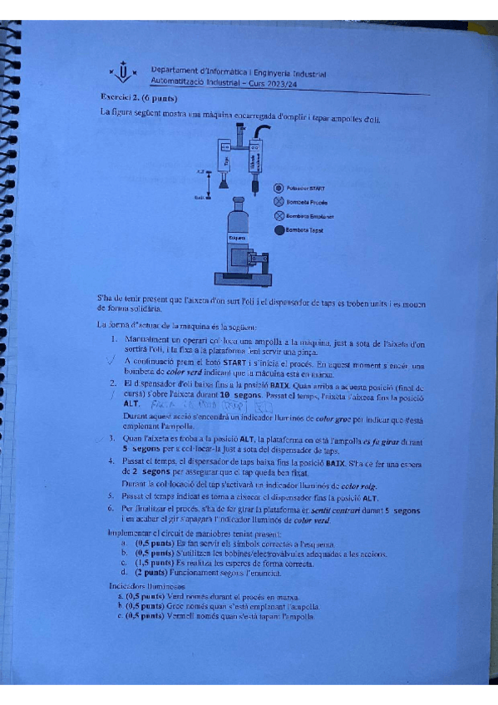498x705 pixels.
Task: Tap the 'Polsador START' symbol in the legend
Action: coord(279,189)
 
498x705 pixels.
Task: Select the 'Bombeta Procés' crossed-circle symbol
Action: coord(279,202)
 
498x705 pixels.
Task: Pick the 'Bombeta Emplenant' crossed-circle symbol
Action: coord(279,215)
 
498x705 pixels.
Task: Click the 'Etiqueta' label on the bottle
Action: coord(235,239)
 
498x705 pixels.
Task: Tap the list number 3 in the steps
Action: coord(112,438)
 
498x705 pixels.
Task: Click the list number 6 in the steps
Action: coord(112,507)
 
